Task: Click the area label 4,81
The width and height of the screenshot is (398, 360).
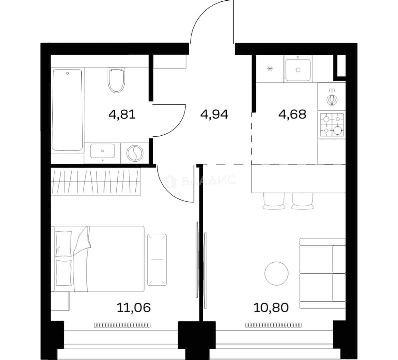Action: pyautogui.click(x=122, y=114)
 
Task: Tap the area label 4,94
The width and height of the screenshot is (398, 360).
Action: pyautogui.click(x=214, y=114)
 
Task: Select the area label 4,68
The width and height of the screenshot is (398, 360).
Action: pyautogui.click(x=292, y=114)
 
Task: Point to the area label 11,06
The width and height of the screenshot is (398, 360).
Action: pyautogui.click(x=134, y=307)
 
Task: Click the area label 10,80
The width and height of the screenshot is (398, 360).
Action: pyautogui.click(x=271, y=307)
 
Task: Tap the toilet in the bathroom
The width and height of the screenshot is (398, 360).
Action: pyautogui.click(x=116, y=80)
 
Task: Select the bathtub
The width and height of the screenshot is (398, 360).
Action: pyautogui.click(x=68, y=110)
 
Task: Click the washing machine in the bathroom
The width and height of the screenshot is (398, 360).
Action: pyautogui.click(x=135, y=153)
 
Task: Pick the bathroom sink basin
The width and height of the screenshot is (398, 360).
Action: pyautogui.click(x=103, y=151)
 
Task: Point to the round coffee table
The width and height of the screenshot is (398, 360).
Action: pyautogui.click(x=276, y=273)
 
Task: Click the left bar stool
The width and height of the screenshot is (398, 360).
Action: pyautogui.click(x=274, y=201)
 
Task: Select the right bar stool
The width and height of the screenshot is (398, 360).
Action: pyautogui.click(x=303, y=201)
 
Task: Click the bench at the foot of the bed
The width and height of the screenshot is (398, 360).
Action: pyautogui.click(x=157, y=260)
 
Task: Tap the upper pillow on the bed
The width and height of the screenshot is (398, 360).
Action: pyautogui.click(x=63, y=243)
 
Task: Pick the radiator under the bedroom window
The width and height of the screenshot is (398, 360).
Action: pyautogui.click(x=122, y=325)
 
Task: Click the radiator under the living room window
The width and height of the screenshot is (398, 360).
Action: pyautogui.click(x=274, y=325)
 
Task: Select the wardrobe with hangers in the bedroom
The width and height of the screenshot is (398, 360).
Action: pyautogui.click(x=96, y=182)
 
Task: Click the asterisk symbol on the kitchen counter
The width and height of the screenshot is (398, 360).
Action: pyautogui.click(x=270, y=68)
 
